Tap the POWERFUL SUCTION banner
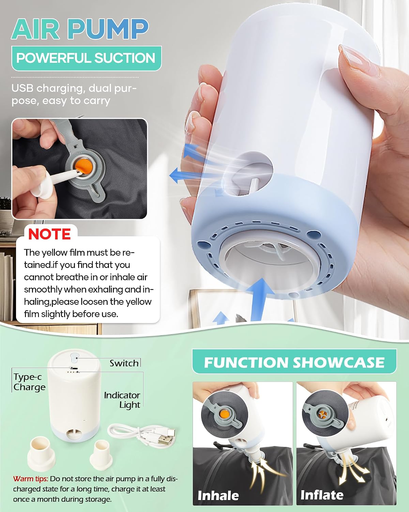coord(87,58)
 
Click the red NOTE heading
coord(49,234)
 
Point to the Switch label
coord(124,363)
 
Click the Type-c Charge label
coord(29,382)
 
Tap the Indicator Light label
coord(122,400)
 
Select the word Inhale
coord(218,496)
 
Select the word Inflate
coord(322,495)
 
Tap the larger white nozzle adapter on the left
coord(41,454)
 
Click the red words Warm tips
coord(30,479)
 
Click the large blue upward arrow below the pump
coord(260,299)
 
